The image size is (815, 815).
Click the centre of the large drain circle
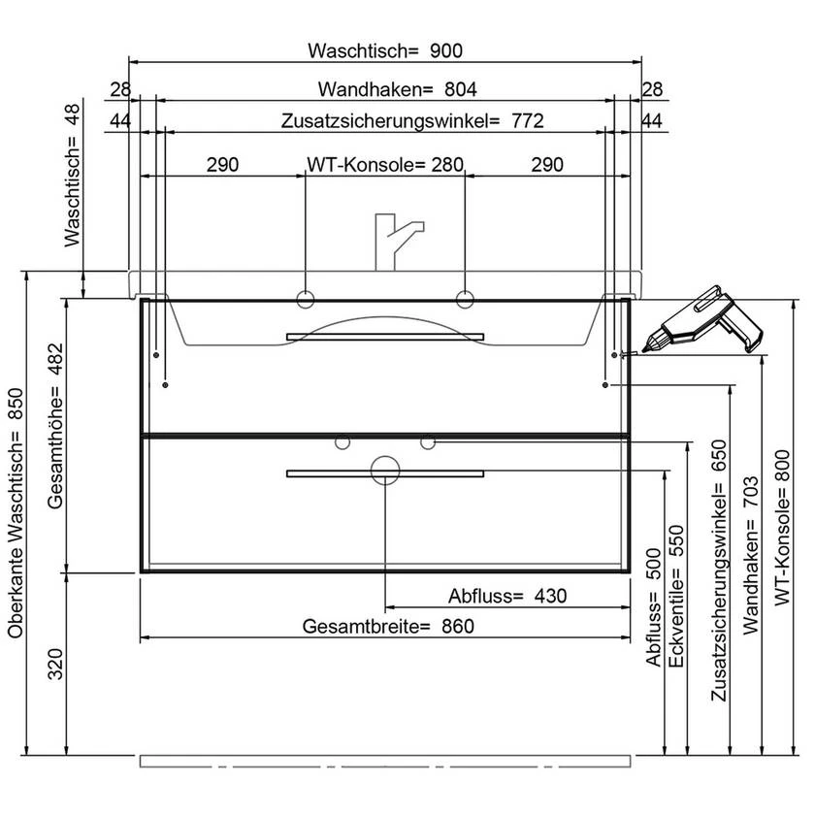(385, 471)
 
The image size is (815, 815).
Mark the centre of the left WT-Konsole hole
(305, 299)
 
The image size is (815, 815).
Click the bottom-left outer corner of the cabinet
(141, 572)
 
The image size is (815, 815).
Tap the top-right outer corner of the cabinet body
(630, 300)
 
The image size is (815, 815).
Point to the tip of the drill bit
(644, 347)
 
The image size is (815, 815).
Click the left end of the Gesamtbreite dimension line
(141, 637)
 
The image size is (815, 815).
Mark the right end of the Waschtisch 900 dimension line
(641, 62)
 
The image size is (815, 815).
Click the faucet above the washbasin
(398, 242)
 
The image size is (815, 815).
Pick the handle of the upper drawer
(385, 337)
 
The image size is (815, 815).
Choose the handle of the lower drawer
(385, 473)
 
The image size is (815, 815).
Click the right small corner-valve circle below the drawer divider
(428, 442)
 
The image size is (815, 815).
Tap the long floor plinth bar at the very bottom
(385, 762)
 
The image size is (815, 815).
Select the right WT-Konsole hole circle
(465, 299)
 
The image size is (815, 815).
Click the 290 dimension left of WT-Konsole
(222, 165)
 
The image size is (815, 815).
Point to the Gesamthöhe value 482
(54, 359)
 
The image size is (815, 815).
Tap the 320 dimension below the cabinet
(55, 664)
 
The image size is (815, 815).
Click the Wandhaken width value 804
(461, 89)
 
